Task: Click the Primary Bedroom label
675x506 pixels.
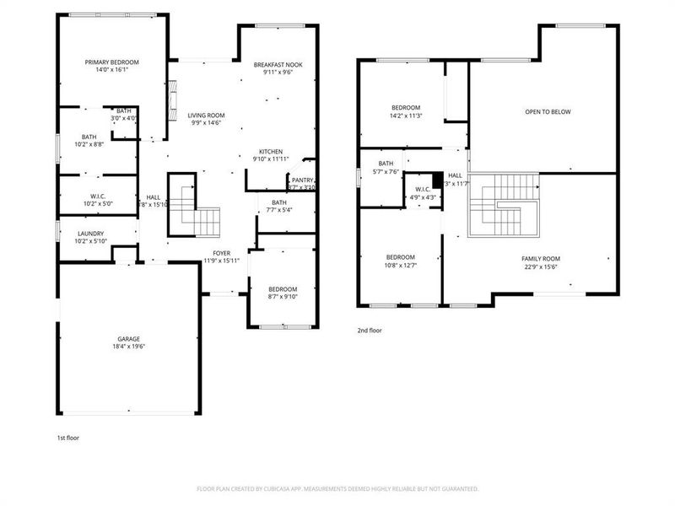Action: point(111,62)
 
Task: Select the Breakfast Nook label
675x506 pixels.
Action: point(278,65)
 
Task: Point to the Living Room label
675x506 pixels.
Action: point(205,116)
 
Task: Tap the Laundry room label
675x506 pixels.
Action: point(90,234)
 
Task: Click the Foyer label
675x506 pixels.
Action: point(222,252)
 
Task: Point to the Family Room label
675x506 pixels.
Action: point(541,259)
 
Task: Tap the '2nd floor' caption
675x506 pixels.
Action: point(369,331)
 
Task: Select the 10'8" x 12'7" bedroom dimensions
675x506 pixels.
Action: point(401,266)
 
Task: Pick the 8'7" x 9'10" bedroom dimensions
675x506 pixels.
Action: point(283,296)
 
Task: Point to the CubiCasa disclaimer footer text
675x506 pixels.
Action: point(337,488)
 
